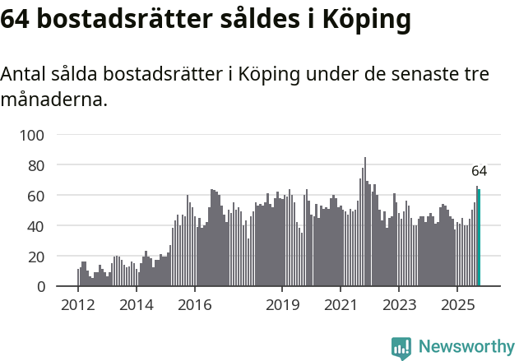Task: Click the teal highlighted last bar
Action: pos(480,238)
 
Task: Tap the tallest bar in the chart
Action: pos(365,222)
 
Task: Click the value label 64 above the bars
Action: pos(480,171)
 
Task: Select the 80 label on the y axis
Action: pos(38,165)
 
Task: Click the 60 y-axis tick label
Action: pos(38,196)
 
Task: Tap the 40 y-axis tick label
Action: pos(38,226)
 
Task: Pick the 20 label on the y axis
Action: pos(38,257)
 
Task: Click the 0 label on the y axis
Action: pos(41,287)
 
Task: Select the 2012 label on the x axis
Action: pos(78,306)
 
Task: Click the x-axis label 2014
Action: pos(137,306)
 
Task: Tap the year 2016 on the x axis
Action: pos(194,306)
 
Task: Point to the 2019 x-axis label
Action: pos(282,306)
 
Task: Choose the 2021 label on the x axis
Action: pos(341,306)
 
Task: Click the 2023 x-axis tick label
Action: pos(399,306)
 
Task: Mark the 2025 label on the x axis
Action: pos(457,306)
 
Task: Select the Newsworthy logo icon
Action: pos(401,348)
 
